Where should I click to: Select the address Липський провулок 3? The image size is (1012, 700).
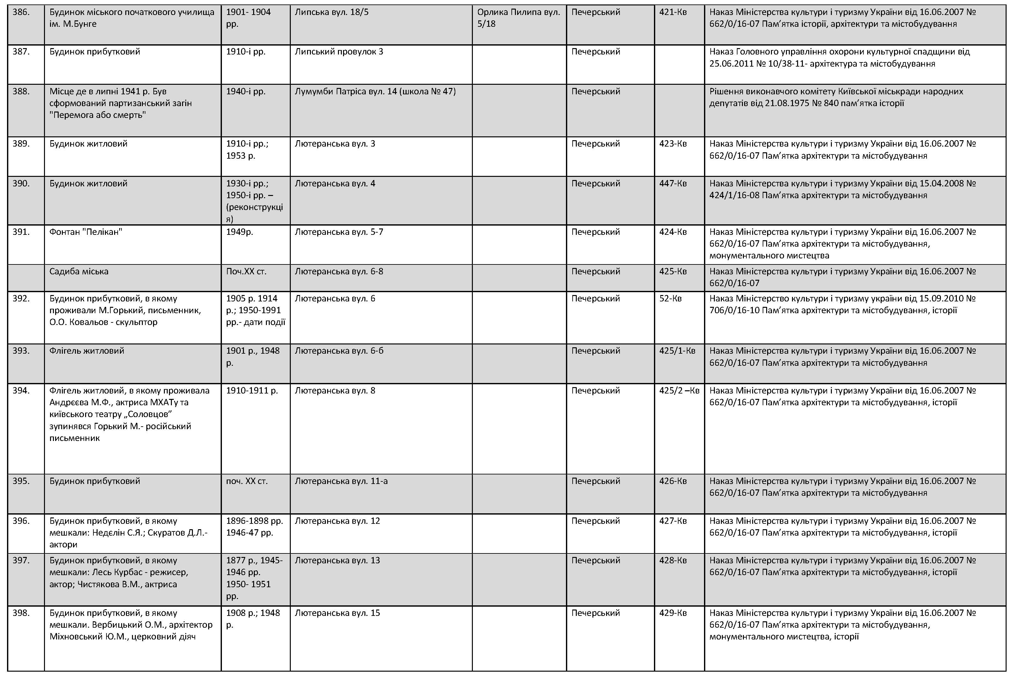[338, 52]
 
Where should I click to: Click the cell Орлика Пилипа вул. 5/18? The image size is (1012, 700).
[518, 18]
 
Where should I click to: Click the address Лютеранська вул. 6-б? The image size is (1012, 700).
[339, 351]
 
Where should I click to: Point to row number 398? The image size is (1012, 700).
[21, 613]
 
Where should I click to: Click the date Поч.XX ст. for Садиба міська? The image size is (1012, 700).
[246, 271]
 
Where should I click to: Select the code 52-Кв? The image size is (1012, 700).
[670, 299]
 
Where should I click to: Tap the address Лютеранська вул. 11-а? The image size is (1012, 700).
[341, 481]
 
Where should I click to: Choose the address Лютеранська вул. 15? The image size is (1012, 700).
[337, 613]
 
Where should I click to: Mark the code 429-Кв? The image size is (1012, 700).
[672, 613]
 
